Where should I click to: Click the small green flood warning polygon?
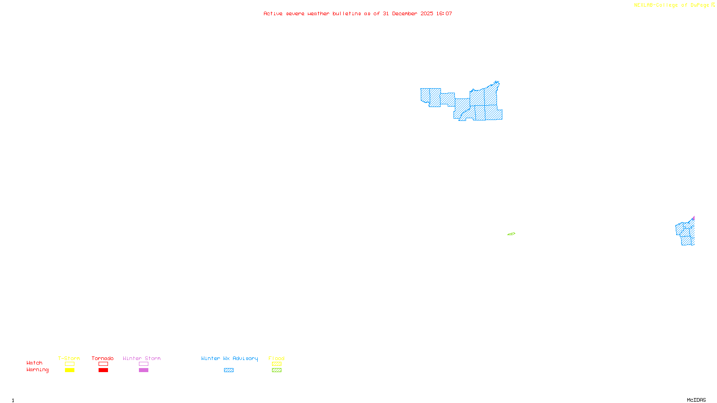pos(511,234)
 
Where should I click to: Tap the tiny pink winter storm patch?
pos(693,219)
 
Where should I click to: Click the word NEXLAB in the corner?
pos(644,5)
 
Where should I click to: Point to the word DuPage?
pos(700,5)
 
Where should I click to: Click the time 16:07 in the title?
pos(444,14)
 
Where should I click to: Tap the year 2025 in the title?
pos(427,14)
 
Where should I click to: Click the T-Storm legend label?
pos(69,358)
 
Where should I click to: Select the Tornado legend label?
pos(103,358)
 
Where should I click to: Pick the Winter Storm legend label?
pos(142,358)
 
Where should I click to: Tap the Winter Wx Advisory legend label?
pos(229,358)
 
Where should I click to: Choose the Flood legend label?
pos(276,358)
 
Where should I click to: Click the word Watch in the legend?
pos(35,363)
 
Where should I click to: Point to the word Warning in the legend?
pos(38,370)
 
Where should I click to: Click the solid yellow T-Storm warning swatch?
pos(69,370)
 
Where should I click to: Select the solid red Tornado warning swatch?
pos(103,370)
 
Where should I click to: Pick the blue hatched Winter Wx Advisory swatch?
pos(229,370)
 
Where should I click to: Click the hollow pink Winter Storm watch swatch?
pos(143,364)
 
